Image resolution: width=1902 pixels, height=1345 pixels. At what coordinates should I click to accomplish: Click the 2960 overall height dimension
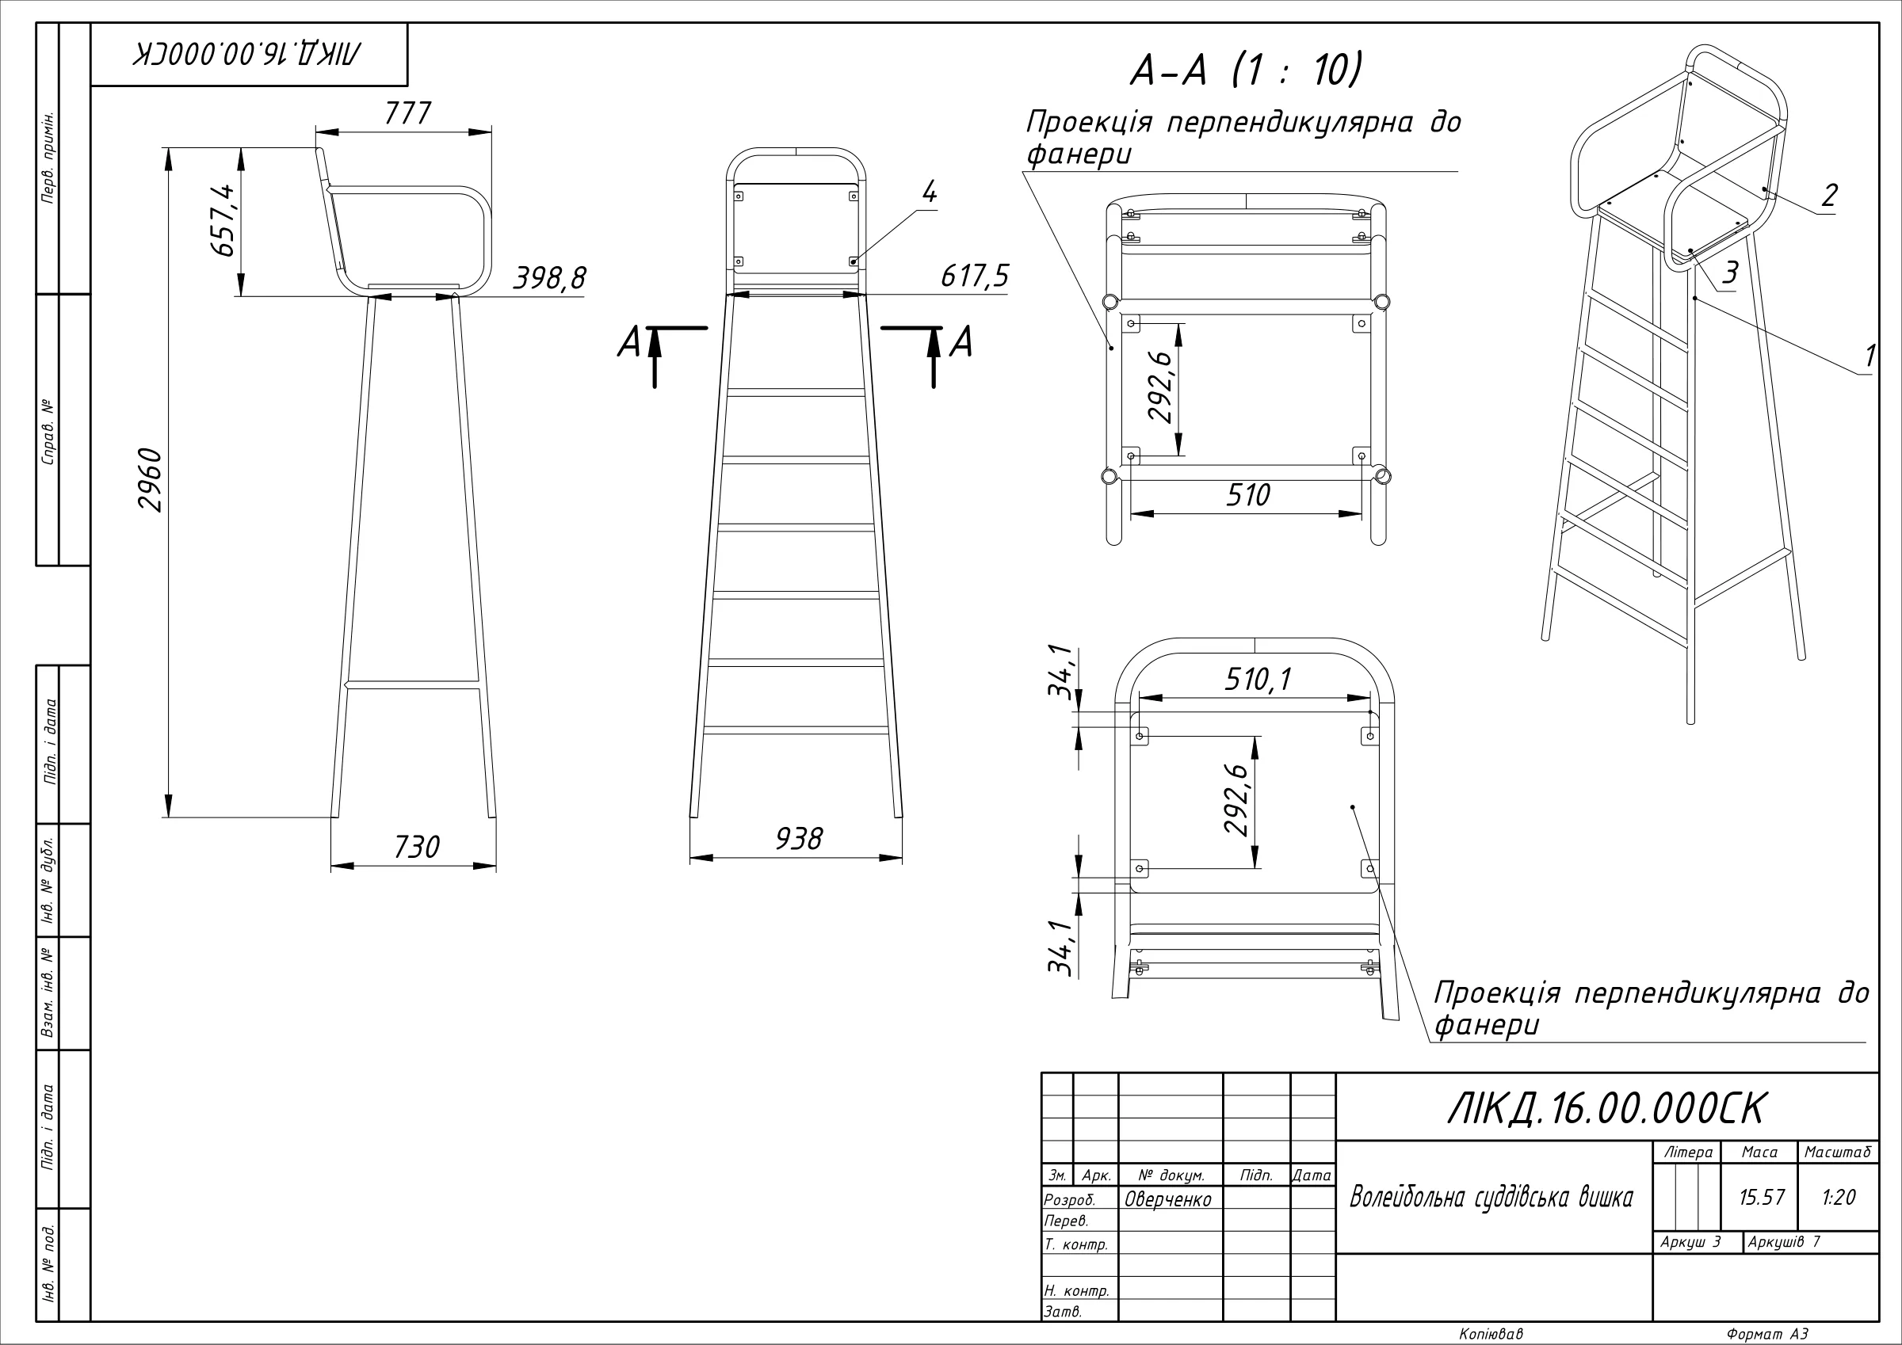click(150, 479)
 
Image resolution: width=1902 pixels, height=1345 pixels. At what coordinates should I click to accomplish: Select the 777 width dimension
click(407, 113)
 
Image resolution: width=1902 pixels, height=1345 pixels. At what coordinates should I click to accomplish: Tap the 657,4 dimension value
click(223, 220)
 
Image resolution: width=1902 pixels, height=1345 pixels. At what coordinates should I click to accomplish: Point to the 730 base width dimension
click(417, 848)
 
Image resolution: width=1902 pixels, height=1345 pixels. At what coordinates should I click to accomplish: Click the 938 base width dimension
click(799, 839)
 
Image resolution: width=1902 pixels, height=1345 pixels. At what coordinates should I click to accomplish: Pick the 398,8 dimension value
click(549, 278)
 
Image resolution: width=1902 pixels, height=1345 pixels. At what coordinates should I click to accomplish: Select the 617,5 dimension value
click(975, 276)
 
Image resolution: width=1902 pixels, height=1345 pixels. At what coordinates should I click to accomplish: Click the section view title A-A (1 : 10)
click(1246, 70)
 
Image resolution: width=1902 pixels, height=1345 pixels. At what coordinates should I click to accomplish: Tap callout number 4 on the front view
click(930, 192)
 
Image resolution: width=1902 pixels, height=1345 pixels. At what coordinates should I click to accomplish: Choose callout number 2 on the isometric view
click(1829, 196)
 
